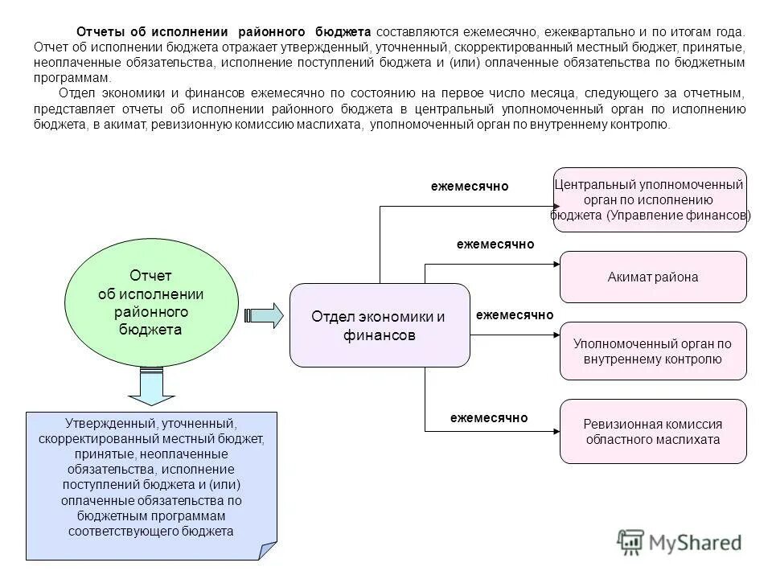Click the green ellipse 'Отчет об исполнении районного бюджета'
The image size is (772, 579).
[x=151, y=303]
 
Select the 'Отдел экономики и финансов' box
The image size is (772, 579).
[x=379, y=325]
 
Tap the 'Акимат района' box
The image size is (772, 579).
[x=653, y=277]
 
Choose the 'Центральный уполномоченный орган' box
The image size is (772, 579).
[x=650, y=200]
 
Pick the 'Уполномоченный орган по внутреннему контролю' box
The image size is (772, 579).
[x=653, y=351]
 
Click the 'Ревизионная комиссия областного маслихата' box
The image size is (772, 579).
[x=653, y=431]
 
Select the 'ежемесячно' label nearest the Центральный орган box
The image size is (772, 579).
[x=470, y=187]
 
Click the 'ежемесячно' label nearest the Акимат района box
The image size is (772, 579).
[x=495, y=244]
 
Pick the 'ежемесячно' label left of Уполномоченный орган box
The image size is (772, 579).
[x=515, y=315]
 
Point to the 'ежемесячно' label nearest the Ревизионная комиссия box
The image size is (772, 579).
[x=489, y=417]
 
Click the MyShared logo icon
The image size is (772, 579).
[x=631, y=542]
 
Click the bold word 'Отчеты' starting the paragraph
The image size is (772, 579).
[x=100, y=31]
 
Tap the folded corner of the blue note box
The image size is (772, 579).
[x=268, y=550]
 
